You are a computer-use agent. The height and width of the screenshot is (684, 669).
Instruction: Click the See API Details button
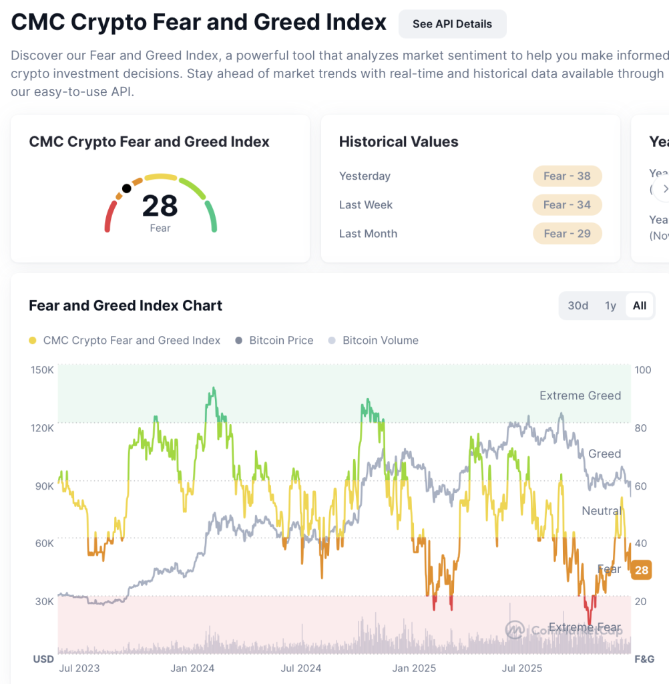452,24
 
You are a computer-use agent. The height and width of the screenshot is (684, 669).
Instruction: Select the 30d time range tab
578,306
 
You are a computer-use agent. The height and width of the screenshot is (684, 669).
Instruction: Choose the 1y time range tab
610,306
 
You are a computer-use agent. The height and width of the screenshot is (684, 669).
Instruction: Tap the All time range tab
640,306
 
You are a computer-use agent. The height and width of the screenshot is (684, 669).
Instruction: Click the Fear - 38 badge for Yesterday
567,176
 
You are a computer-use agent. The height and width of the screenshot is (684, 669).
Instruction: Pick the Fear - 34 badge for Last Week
567,205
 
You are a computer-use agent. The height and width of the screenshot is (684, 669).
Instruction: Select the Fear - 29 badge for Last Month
567,234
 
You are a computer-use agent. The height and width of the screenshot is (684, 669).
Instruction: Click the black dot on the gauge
126,188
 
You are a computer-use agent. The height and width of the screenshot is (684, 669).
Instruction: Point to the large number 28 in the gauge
160,206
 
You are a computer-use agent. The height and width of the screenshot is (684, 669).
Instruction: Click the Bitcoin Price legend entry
281,341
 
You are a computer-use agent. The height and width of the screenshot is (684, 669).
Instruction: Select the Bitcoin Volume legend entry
380,341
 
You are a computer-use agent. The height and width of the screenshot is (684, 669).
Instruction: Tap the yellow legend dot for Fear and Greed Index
33,341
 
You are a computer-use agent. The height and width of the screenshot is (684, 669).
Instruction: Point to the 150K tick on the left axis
43,370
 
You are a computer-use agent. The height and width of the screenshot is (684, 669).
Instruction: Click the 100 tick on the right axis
644,370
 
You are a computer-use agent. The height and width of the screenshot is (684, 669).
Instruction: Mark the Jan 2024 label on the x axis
192,668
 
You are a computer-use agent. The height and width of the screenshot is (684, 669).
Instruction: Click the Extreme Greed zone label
580,395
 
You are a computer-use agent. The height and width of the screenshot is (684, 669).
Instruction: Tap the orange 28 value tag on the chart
641,570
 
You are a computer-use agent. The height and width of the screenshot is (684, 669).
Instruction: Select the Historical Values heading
399,142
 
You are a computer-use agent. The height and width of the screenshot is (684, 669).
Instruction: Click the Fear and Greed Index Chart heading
126,306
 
